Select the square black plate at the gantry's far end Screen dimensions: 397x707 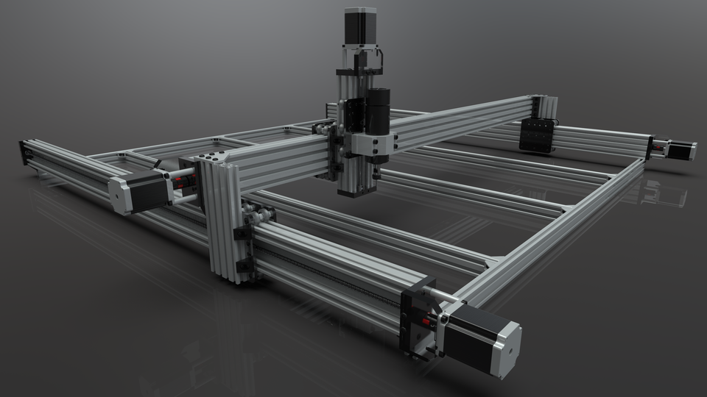click(535, 135)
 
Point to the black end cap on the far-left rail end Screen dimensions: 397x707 click(24, 152)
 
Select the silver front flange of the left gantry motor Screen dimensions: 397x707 click(119, 196)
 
